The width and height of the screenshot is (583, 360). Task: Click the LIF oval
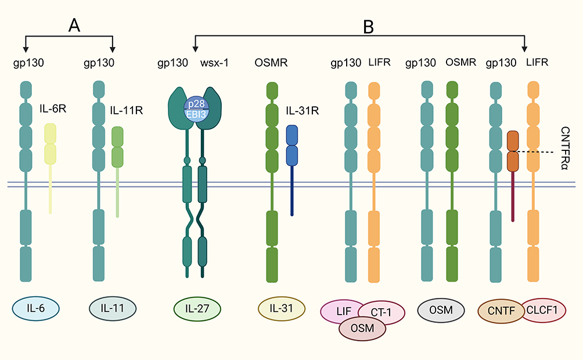(344, 311)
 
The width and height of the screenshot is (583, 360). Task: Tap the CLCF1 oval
(544, 311)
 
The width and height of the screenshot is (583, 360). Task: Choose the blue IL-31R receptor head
(292, 145)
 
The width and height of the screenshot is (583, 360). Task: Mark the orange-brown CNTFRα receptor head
(512, 151)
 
